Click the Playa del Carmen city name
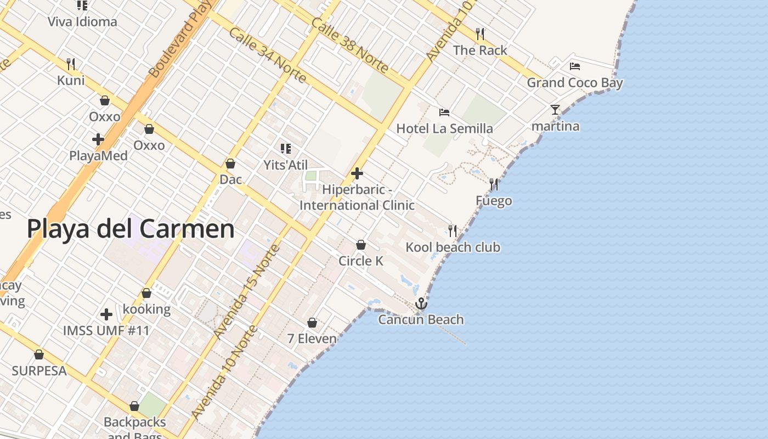[131, 229]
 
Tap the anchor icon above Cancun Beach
[421, 303]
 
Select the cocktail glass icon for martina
[555, 110]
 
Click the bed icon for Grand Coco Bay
[575, 66]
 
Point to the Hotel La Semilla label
[444, 128]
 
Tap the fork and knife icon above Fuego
[494, 184]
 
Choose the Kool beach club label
[453, 247]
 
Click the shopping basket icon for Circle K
[361, 245]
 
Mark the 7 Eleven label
[312, 339]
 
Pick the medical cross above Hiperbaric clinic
[357, 174]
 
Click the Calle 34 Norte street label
[267, 55]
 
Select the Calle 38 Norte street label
[349, 45]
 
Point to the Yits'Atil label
[285, 165]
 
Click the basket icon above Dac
[230, 164]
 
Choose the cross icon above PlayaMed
[98, 140]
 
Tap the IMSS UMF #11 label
[106, 330]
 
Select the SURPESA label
[39, 370]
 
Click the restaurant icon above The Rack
[480, 34]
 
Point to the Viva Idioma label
[82, 22]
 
